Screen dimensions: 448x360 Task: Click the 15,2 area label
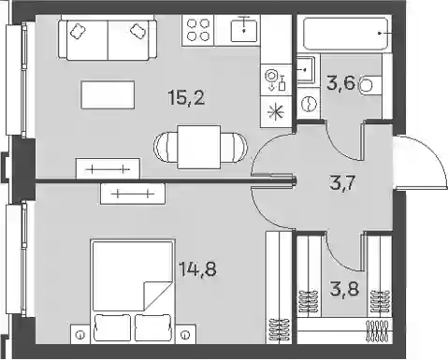click(186, 97)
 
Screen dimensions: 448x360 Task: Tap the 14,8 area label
click(197, 268)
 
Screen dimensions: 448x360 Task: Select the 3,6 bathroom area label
click(341, 83)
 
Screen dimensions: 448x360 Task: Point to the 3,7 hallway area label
click(342, 182)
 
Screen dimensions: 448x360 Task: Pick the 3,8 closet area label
click(344, 289)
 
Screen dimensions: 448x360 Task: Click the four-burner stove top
click(198, 30)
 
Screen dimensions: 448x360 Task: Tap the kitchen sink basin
click(244, 30)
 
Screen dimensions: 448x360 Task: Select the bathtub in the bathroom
click(346, 34)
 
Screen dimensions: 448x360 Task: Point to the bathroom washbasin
click(306, 70)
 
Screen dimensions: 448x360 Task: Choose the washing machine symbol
click(309, 103)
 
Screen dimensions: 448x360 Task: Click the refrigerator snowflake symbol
click(276, 111)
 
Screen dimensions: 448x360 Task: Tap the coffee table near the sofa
click(108, 94)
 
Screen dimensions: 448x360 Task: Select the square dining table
click(198, 147)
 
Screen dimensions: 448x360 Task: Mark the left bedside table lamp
click(80, 335)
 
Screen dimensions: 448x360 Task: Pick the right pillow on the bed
click(153, 327)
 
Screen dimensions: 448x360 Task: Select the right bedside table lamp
click(186, 335)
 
